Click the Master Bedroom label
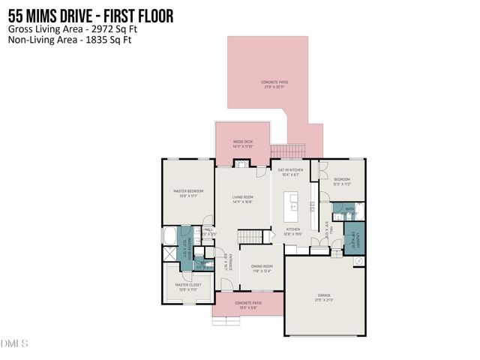pos(188,191)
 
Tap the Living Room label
pos(242,198)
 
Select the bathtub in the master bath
pos(169,235)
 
